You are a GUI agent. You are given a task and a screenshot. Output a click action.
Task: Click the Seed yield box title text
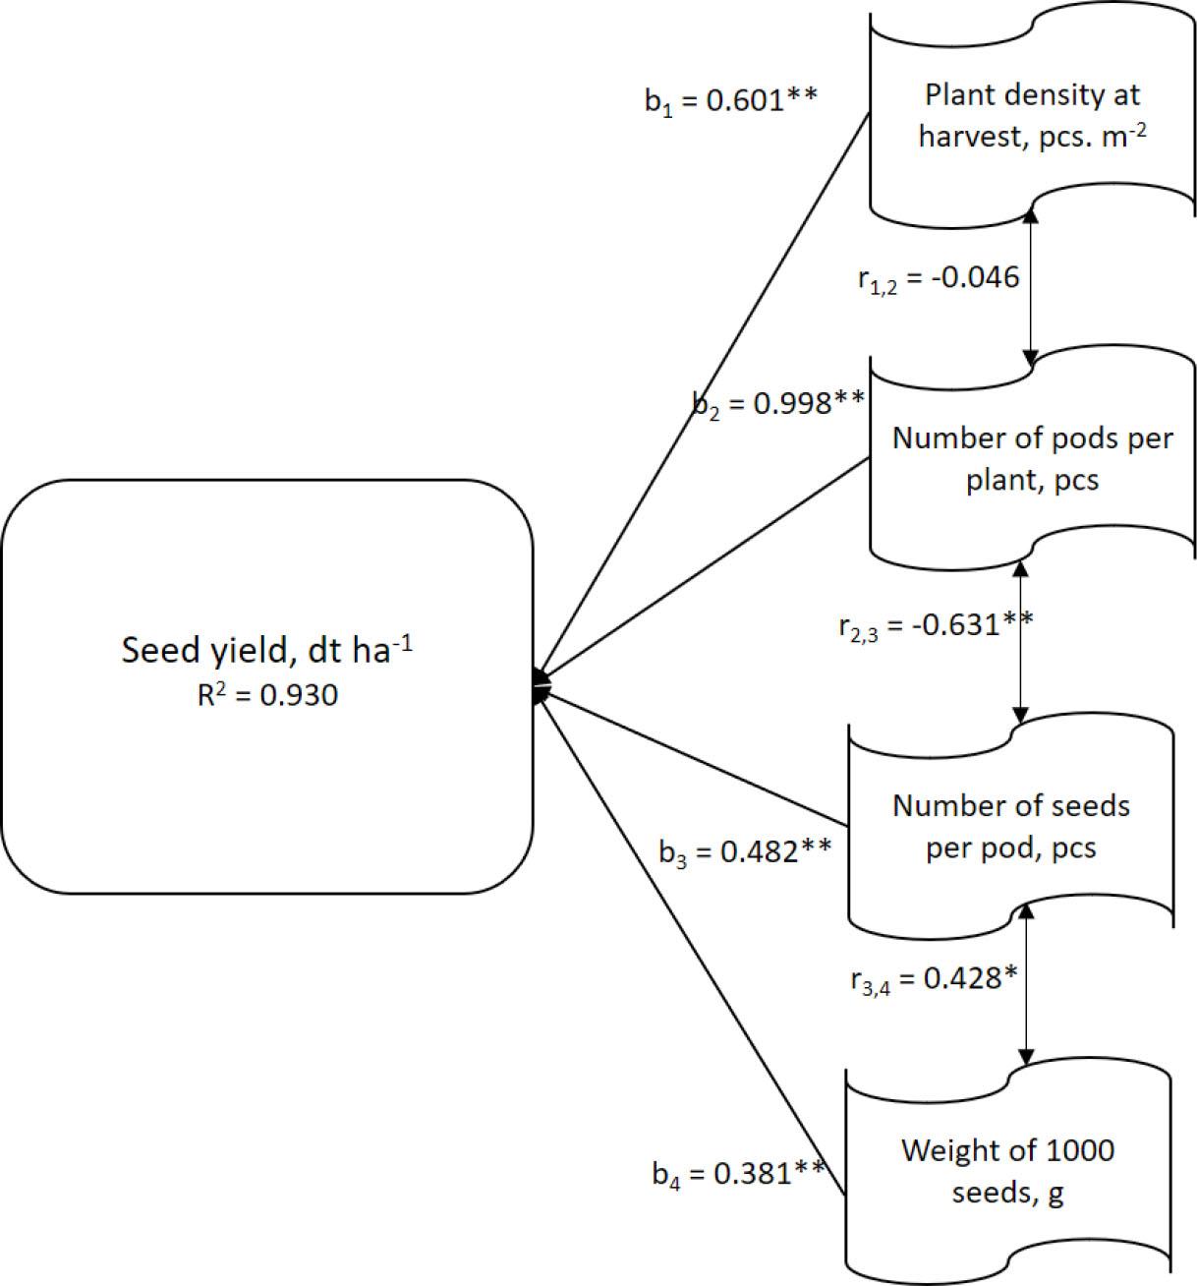(266, 650)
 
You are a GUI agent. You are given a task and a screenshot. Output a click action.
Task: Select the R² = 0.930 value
(266, 696)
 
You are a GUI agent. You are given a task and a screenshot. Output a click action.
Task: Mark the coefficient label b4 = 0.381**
(738, 1173)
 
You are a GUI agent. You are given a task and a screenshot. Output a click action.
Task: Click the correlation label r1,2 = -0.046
(939, 278)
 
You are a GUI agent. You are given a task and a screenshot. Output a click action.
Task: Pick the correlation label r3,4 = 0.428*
(934, 980)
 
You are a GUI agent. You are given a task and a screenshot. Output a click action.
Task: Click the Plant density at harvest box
(1032, 116)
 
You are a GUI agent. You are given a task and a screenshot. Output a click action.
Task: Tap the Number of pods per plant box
(1032, 459)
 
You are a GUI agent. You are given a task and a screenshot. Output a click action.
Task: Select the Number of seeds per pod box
(1010, 826)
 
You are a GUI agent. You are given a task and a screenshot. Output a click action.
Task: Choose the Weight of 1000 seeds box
(1007, 1171)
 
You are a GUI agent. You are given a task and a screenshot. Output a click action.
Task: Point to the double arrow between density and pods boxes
(1031, 285)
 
